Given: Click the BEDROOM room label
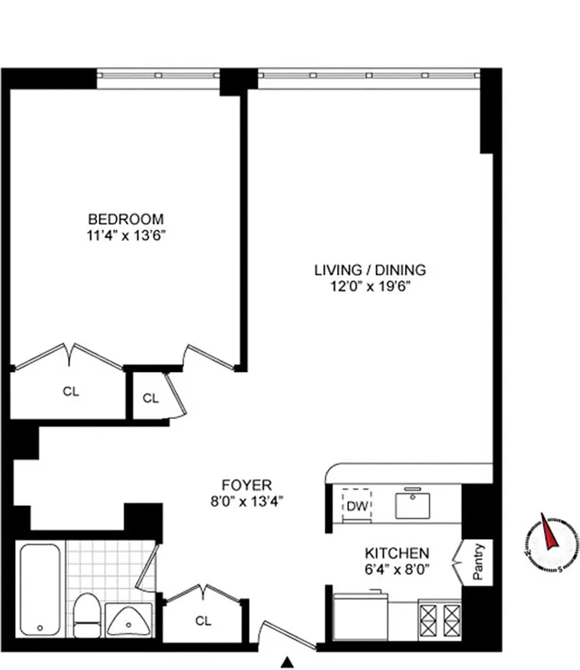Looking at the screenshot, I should tap(126, 220).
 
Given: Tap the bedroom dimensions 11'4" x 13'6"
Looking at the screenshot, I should tap(126, 236).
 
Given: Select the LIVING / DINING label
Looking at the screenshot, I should tap(370, 270).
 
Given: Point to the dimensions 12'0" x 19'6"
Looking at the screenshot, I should tap(370, 286).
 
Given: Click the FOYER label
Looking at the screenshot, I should tap(246, 485).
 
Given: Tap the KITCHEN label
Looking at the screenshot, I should tap(397, 554).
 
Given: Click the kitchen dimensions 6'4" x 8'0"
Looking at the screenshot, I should tap(397, 569).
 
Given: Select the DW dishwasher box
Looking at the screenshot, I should tap(357, 505).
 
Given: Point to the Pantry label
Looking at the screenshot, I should tap(479, 563).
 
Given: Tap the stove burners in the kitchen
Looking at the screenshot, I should tap(439, 621).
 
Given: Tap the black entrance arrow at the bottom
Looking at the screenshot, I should tap(288, 662).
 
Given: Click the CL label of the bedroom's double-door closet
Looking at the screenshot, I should tap(71, 392).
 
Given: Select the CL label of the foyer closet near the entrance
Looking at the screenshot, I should tap(203, 621).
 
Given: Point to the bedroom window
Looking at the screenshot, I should tap(158, 75).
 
